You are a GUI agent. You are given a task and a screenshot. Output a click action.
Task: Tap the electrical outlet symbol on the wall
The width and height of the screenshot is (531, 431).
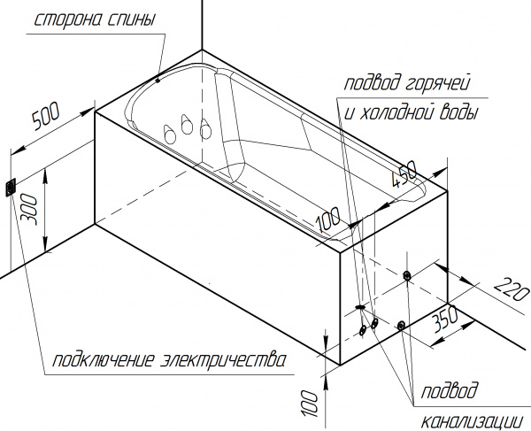tap(12, 187)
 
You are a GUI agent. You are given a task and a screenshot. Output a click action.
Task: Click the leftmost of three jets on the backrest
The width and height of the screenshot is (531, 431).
tap(168, 132)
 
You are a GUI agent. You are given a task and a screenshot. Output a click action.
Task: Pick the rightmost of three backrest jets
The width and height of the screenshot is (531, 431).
tap(205, 129)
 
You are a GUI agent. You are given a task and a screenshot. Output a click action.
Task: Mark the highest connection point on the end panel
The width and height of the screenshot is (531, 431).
tap(406, 275)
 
